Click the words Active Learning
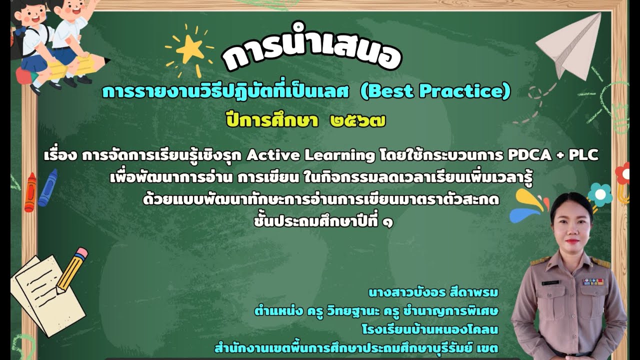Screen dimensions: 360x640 [310, 155]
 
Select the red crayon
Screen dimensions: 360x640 [30, 192]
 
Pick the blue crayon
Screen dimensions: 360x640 [47, 187]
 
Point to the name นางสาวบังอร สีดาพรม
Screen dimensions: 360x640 [433, 291]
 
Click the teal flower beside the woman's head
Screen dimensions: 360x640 [600, 194]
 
